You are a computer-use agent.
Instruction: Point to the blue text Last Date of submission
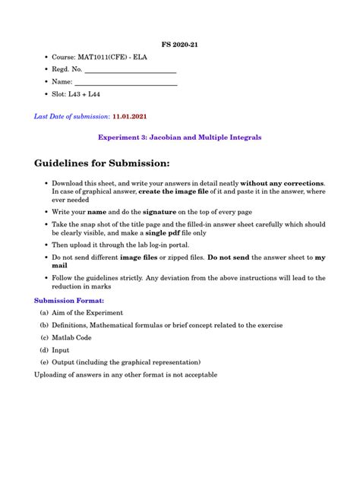coord(71,117)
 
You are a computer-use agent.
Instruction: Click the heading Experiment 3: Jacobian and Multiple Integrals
coord(180,137)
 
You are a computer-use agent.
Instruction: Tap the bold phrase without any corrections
coord(282,183)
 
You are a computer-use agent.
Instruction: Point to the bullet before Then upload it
coord(45,246)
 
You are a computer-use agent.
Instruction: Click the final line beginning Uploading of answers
coord(125,374)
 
